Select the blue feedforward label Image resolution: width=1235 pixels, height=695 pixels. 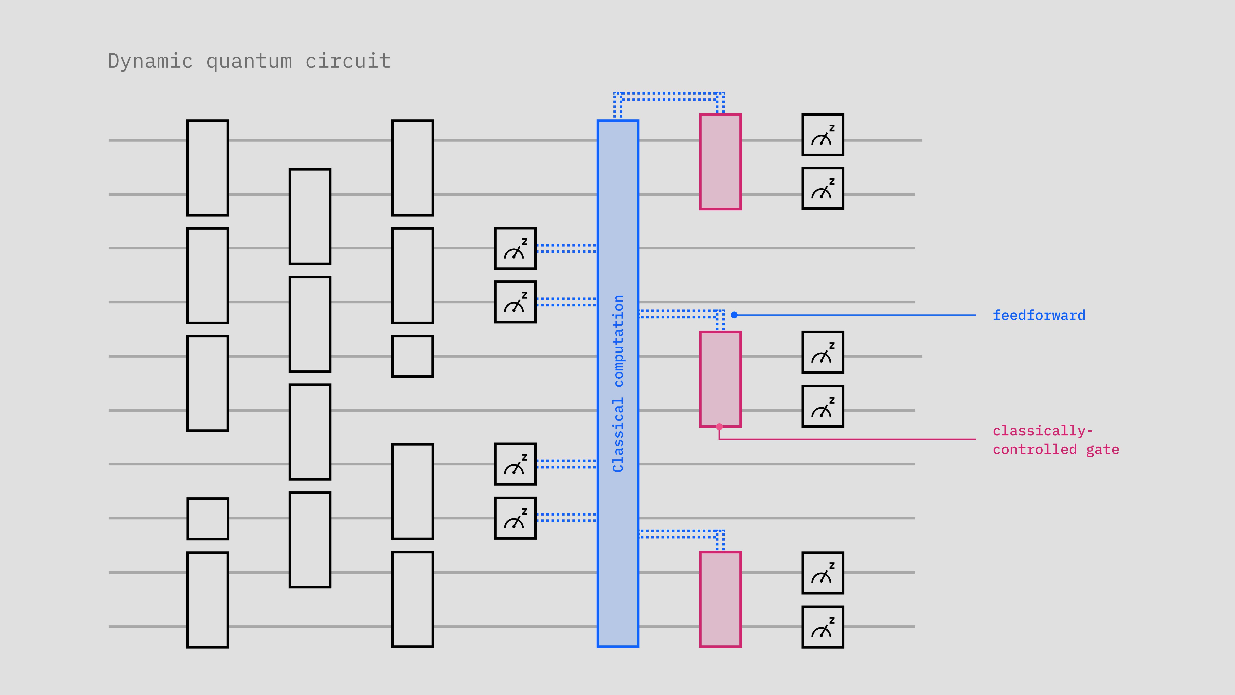(x=1038, y=315)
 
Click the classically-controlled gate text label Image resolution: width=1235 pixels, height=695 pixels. (x=1055, y=440)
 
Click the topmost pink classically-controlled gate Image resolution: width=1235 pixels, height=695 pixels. (x=720, y=162)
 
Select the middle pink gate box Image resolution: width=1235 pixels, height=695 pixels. (x=720, y=379)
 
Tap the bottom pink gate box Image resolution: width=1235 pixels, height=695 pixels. (x=720, y=599)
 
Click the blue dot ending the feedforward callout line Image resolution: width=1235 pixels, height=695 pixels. (x=734, y=315)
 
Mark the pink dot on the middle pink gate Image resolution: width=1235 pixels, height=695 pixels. (x=719, y=426)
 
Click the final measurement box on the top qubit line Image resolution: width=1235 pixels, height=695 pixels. (x=823, y=135)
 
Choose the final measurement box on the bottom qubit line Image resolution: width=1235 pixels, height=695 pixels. (x=823, y=627)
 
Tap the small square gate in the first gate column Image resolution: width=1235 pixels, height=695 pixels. (x=208, y=518)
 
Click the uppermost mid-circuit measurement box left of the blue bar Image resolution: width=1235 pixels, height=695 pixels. (x=515, y=248)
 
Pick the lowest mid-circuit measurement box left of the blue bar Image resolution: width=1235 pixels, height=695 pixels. (x=515, y=518)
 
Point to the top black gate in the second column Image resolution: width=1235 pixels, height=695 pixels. (x=310, y=216)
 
